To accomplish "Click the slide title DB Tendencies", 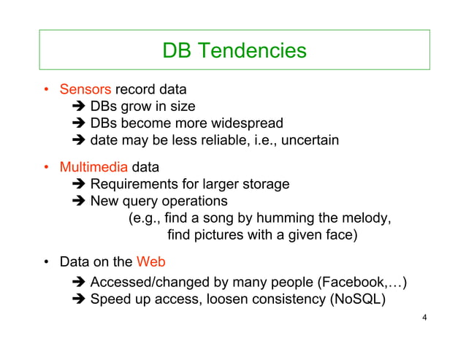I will pyautogui.click(x=234, y=50).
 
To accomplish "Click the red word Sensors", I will pyautogui.click(x=85, y=90).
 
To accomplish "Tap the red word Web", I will pyautogui.click(x=150, y=261).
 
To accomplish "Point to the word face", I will pyautogui.click(x=340, y=235).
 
